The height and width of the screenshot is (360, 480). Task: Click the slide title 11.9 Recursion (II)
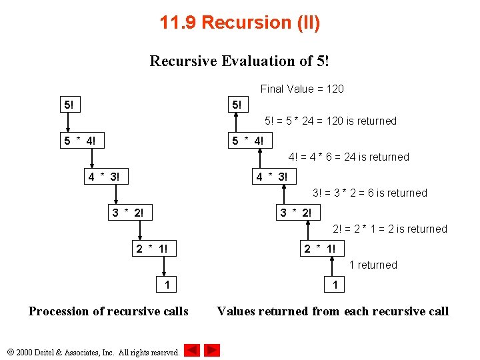click(240, 23)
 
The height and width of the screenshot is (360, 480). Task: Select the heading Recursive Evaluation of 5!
click(240, 61)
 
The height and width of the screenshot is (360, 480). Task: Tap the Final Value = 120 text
click(302, 89)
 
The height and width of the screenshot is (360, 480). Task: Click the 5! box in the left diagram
click(69, 105)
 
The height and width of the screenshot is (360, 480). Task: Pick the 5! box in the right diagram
click(237, 105)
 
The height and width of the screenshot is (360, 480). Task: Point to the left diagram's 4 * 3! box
click(105, 177)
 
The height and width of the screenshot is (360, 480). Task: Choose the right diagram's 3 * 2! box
click(295, 213)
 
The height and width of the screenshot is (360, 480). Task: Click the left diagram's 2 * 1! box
click(151, 249)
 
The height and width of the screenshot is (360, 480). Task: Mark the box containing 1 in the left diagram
click(167, 285)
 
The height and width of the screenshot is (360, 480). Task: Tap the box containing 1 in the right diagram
click(335, 285)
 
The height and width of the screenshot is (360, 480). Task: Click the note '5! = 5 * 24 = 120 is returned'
click(330, 121)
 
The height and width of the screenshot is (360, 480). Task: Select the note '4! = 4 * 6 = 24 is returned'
click(349, 157)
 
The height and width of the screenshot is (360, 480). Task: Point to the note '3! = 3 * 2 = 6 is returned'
click(370, 193)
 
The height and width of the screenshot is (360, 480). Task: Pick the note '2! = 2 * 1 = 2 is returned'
click(390, 229)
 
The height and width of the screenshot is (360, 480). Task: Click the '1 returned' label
click(373, 265)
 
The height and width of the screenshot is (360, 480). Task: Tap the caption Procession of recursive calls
click(109, 311)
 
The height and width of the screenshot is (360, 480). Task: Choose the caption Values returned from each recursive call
click(333, 311)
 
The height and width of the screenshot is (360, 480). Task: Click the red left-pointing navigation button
click(192, 350)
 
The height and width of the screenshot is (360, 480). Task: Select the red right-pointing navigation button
click(212, 350)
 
